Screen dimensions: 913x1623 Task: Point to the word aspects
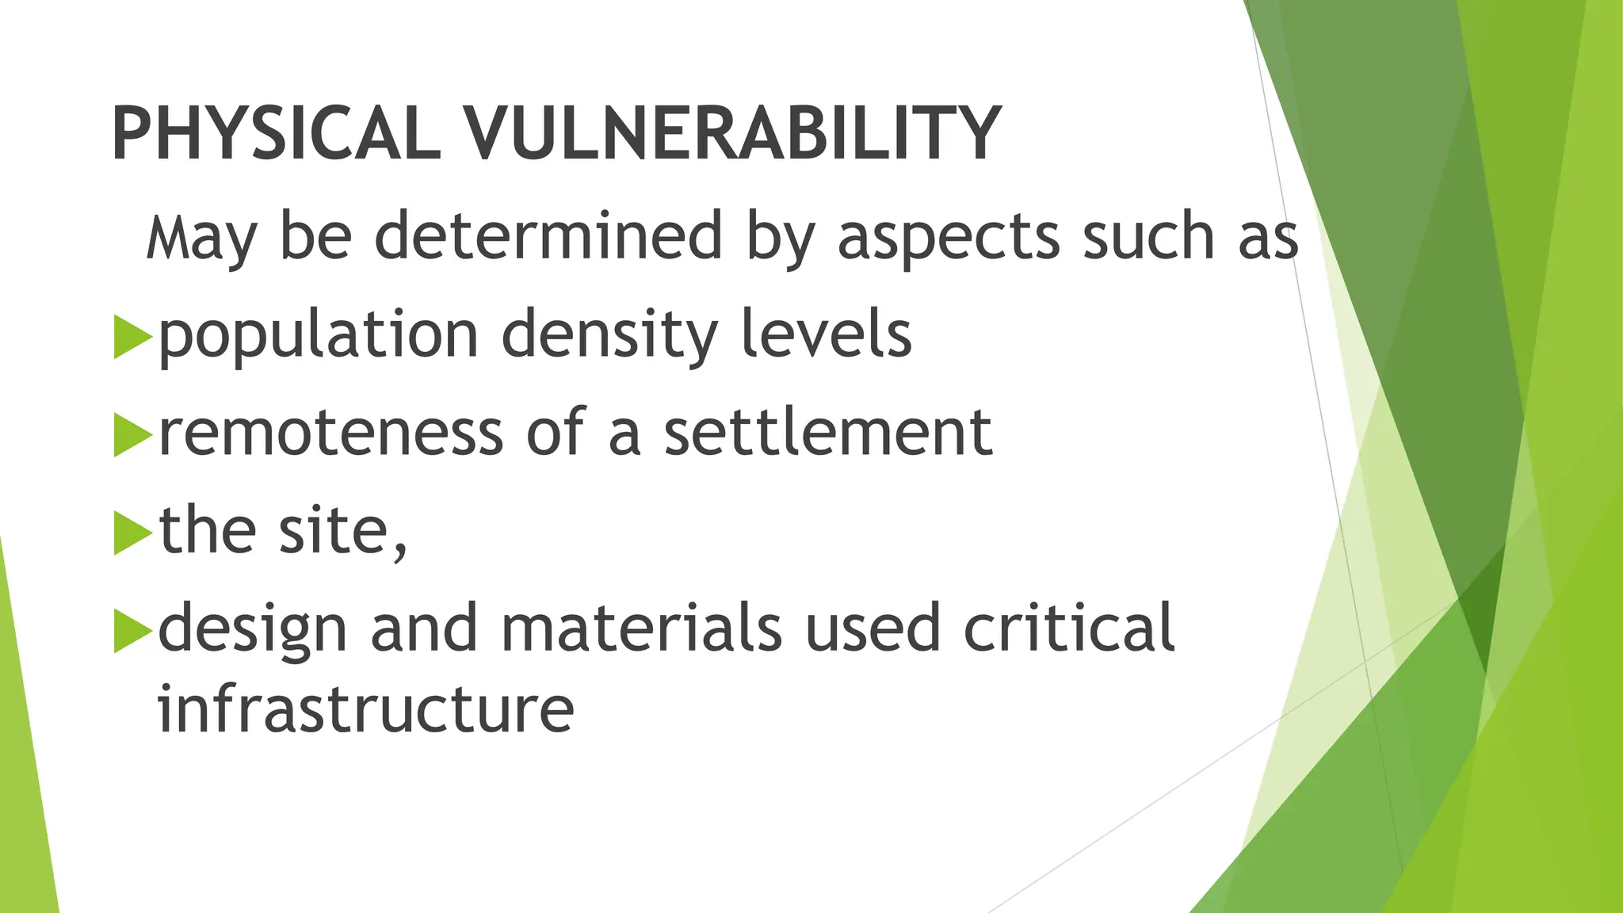tap(948, 237)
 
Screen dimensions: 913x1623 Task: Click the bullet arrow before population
tap(132, 336)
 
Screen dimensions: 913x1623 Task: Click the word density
tap(609, 336)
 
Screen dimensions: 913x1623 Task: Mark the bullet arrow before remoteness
tap(132, 434)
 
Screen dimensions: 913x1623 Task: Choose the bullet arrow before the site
tap(132, 533)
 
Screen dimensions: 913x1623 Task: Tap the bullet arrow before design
tap(132, 631)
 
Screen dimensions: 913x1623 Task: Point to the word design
tap(253, 631)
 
